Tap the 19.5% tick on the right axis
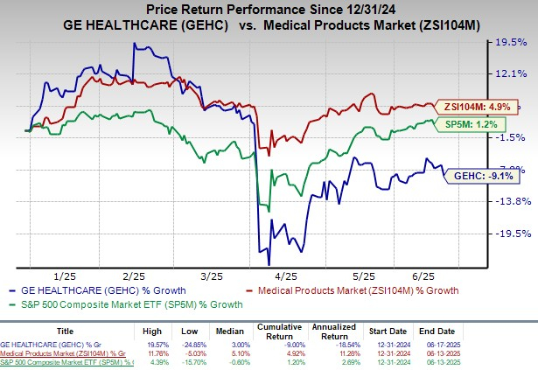tap(510, 41)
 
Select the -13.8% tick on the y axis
tap(511, 202)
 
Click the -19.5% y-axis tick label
tap(511, 234)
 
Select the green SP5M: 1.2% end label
tap(473, 125)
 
